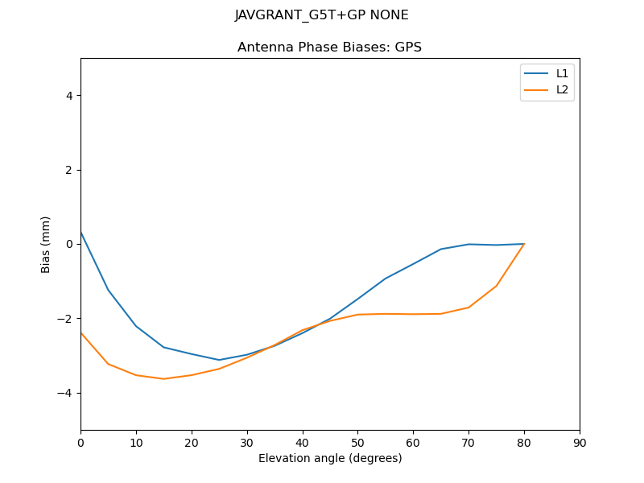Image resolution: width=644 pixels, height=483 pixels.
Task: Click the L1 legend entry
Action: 562,73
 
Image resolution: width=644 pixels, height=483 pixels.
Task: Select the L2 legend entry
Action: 562,89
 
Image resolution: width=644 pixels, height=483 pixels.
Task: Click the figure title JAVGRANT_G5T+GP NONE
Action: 321,15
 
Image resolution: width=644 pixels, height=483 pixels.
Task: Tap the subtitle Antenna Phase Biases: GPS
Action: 329,47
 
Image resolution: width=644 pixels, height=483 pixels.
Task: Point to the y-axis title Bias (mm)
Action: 46,244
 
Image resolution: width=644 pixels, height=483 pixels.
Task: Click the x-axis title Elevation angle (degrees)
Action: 330,458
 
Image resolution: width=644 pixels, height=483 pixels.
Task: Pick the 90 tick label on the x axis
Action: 580,442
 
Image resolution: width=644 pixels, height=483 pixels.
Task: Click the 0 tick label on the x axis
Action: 80,442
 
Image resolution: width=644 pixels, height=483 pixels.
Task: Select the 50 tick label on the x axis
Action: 357,442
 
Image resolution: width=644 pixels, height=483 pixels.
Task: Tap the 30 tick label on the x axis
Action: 247,442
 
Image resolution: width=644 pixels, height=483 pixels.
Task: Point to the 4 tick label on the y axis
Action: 69,95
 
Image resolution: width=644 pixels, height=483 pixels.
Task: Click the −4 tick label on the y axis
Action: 66,393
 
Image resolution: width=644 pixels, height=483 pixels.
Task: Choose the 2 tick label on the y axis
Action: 69,170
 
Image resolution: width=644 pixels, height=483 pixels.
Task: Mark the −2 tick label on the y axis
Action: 66,318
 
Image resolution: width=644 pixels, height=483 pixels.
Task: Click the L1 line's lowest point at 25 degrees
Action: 219,360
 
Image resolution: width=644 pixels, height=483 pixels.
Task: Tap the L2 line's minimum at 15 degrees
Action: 163,378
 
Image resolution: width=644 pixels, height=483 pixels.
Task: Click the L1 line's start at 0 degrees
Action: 80,232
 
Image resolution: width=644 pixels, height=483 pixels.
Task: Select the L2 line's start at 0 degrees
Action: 80,332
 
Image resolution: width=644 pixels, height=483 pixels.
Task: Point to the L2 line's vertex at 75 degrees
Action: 497,285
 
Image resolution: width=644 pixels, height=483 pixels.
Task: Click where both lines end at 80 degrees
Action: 524,243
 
